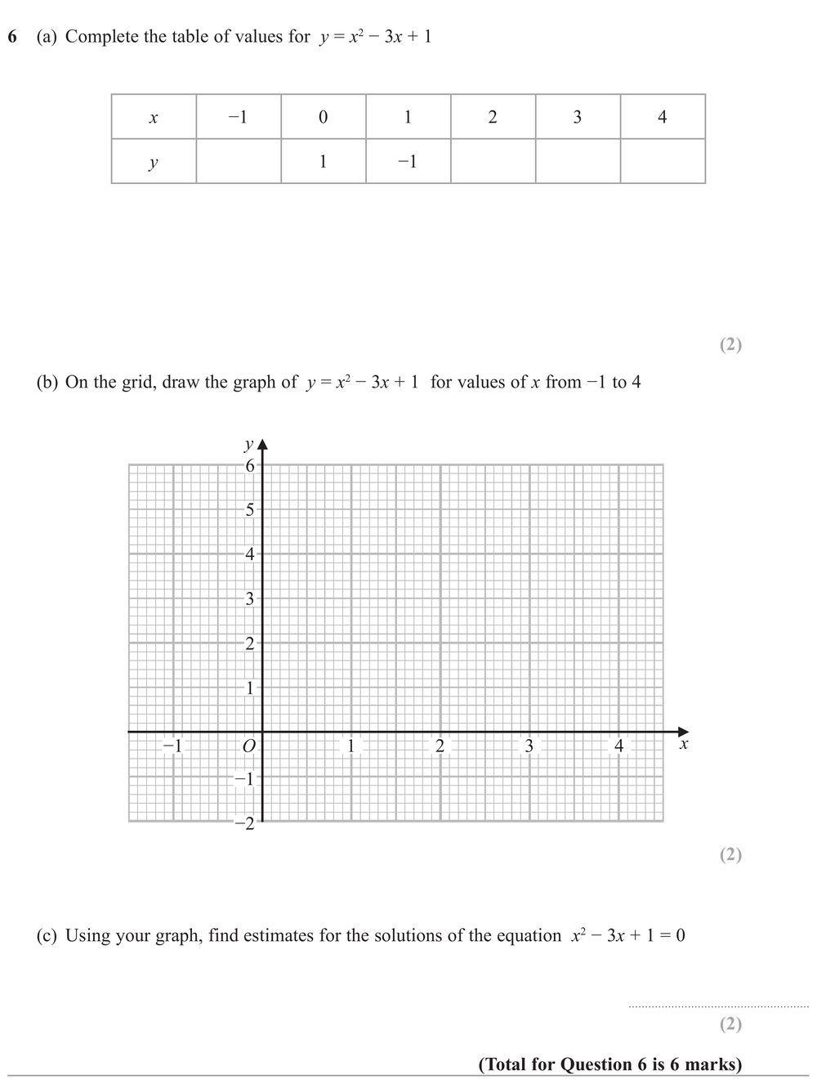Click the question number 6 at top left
12,37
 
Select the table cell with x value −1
239,117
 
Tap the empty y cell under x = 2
493,162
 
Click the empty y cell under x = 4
663,162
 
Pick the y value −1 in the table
408,162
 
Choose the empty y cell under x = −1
239,162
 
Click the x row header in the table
154,117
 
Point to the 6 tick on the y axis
250,465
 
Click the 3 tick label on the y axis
250,598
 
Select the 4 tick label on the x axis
618,746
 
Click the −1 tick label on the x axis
172,746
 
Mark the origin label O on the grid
249,746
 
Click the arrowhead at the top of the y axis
262,445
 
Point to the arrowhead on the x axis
684,732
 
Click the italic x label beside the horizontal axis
684,745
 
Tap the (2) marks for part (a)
730,344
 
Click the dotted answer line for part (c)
718,1006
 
